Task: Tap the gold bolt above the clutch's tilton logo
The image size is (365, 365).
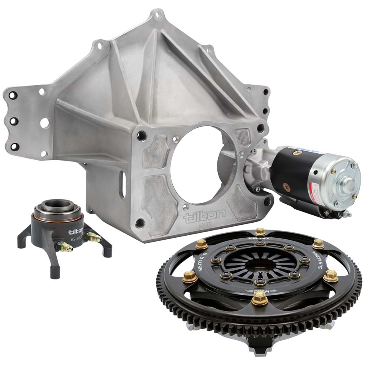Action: point(260,232)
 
